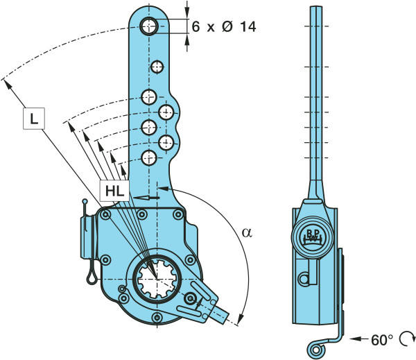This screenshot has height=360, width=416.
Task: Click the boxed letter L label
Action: [x=33, y=119]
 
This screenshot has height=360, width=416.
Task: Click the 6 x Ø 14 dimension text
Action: [x=223, y=27]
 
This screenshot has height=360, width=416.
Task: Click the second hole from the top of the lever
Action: [x=157, y=67]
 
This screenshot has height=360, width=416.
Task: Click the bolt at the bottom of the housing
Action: [x=159, y=318]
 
